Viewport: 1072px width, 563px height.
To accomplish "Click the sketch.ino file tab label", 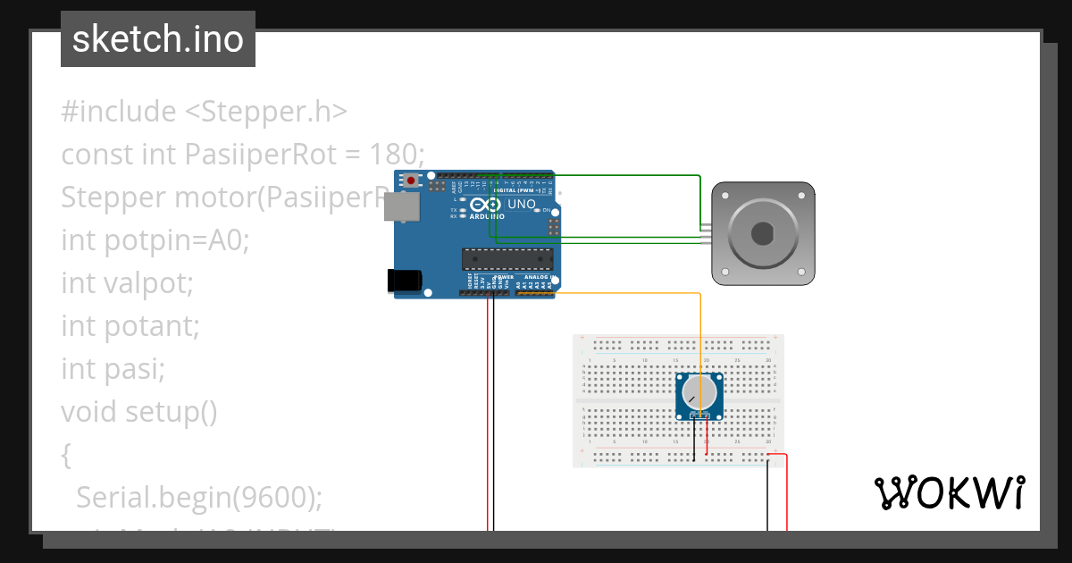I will pyautogui.click(x=158, y=39).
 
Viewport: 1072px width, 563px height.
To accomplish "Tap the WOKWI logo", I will pyautogui.click(x=949, y=492).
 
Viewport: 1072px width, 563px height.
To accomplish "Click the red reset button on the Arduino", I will pyautogui.click(x=410, y=181).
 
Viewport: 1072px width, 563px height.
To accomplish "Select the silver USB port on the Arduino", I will pyautogui.click(x=406, y=206).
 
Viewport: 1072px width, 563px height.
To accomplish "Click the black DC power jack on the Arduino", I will pyautogui.click(x=405, y=280).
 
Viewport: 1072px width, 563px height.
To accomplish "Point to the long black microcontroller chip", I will pyautogui.click(x=507, y=258).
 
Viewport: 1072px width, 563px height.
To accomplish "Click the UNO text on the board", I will pyautogui.click(x=521, y=205).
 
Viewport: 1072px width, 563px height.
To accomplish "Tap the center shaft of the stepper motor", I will pyautogui.click(x=762, y=234).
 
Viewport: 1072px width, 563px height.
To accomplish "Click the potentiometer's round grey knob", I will pyautogui.click(x=699, y=392).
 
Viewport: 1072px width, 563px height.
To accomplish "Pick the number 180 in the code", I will pyautogui.click(x=393, y=155).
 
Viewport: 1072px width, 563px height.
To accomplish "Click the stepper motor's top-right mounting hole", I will pyautogui.click(x=805, y=191).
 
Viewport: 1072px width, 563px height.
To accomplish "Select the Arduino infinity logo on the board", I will pyautogui.click(x=480, y=205).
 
